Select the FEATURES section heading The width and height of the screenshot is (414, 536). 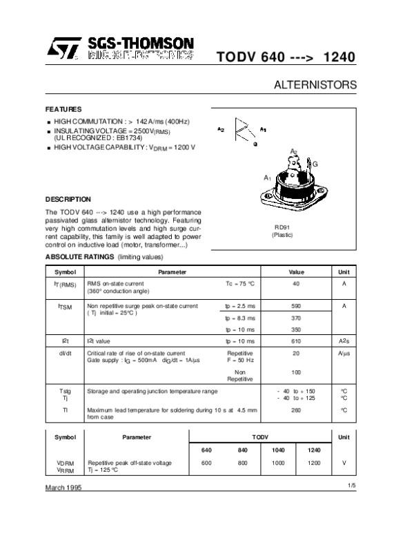pos(63,110)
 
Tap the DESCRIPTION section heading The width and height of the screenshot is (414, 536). pos(68,199)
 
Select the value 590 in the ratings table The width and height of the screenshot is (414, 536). pos(296,305)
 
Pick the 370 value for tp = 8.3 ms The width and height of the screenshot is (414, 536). pos(296,318)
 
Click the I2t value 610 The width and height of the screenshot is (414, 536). pos(296,341)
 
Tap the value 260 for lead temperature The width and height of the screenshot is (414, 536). pos(296,410)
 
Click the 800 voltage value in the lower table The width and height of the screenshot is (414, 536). pos(242,462)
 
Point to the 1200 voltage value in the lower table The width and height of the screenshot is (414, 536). pos(314,462)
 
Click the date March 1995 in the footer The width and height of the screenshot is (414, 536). pos(64,488)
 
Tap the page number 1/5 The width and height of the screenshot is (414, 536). pos(352,486)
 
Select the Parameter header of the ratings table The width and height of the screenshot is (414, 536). pos(172,272)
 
